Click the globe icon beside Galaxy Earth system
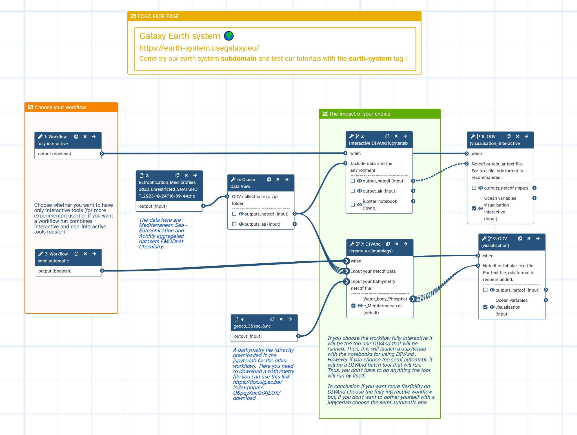click(229, 36)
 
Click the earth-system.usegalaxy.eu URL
click(199, 48)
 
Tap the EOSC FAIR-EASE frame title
click(158, 16)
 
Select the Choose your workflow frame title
click(60, 107)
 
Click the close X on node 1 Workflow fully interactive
click(85, 137)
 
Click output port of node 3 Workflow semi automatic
click(102, 271)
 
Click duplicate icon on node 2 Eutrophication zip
click(177, 175)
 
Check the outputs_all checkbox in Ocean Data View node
click(234, 224)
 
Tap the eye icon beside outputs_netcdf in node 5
click(241, 214)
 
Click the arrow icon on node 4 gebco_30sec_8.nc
click(290, 319)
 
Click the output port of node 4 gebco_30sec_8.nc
click(298, 336)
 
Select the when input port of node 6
click(345, 153)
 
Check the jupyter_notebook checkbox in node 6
click(353, 205)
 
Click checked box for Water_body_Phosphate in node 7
click(353, 306)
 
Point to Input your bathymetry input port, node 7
click(347, 281)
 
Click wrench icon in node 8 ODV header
click(473, 136)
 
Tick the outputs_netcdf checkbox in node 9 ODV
click(485, 290)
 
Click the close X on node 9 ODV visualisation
click(529, 239)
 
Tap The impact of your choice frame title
click(359, 114)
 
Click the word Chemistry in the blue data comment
click(151, 247)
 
